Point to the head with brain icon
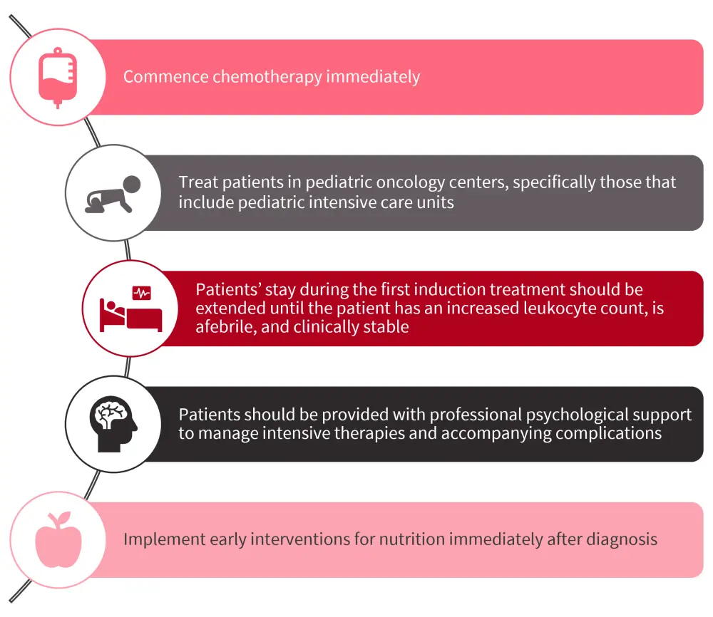113,424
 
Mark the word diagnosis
620,539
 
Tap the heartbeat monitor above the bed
141,292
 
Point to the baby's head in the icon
131,185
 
